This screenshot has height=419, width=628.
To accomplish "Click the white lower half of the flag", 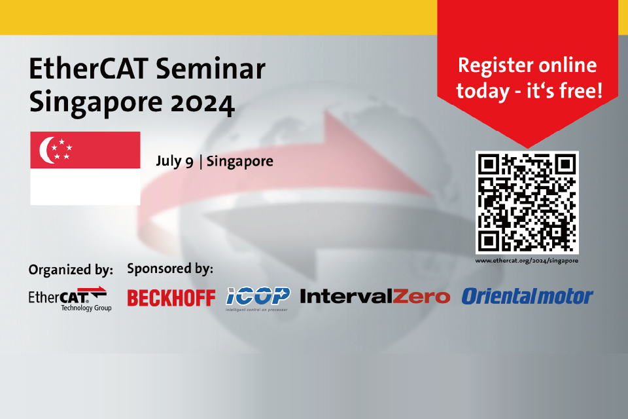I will point(85,187).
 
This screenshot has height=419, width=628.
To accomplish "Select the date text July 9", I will point(174,161).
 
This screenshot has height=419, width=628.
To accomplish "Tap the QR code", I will point(527,202).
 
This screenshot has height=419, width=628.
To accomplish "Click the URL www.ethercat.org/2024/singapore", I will point(527,261).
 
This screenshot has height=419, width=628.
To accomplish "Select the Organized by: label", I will point(71,269).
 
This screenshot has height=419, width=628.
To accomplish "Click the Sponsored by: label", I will point(170,268).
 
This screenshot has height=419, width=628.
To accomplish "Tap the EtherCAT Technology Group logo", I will point(68,298).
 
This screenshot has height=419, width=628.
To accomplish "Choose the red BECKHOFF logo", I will point(171,298).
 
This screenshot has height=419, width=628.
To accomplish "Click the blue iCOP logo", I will point(258,297).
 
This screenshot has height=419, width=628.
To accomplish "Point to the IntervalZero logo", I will point(375,297).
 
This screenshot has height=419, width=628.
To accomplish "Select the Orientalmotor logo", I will point(527,297).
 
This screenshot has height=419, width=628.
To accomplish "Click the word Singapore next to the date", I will point(240,161).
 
